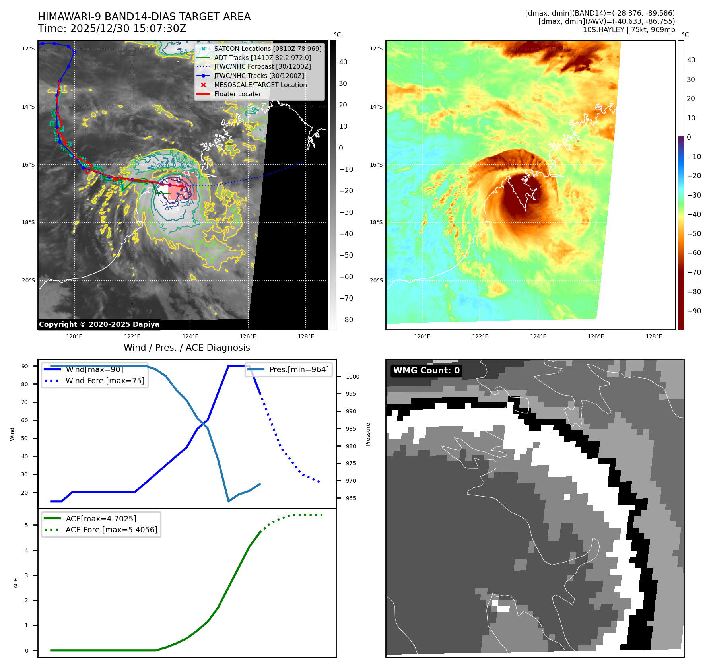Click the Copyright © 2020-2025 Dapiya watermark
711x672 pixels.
99,324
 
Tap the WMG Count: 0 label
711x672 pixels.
426,371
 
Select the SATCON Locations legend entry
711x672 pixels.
268,49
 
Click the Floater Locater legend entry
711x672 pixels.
237,94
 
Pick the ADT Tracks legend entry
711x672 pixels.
262,58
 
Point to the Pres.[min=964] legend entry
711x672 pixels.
299,370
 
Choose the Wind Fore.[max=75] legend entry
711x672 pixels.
105,381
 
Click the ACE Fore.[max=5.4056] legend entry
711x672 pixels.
111,530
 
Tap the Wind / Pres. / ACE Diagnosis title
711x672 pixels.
186,348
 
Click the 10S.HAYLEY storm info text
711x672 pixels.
628,30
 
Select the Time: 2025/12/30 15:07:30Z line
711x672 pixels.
112,29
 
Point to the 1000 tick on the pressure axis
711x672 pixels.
352,377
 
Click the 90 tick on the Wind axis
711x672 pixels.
25,366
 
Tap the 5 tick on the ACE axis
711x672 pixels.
27,525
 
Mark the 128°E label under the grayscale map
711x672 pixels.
306,337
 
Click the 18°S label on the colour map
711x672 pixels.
376,223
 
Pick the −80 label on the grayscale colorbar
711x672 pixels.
346,320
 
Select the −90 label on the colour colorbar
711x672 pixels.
694,311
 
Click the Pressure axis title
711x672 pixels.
368,434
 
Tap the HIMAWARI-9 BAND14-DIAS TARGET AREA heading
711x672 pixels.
144,17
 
